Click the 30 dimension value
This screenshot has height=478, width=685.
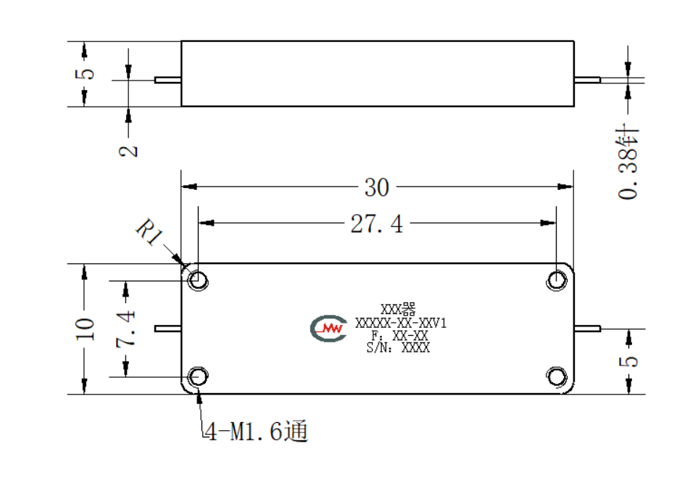pyautogui.click(x=377, y=188)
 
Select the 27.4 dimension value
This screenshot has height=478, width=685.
pyautogui.click(x=377, y=224)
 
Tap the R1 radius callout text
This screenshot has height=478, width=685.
pyautogui.click(x=149, y=232)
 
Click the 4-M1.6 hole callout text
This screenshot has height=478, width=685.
pyautogui.click(x=257, y=431)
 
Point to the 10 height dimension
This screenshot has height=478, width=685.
pyautogui.click(x=85, y=329)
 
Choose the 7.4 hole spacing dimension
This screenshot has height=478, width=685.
pyautogui.click(x=126, y=329)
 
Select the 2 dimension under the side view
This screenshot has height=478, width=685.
pyautogui.click(x=128, y=151)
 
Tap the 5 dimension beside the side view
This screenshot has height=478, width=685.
pyautogui.click(x=85, y=73)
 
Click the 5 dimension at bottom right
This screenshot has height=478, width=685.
pyautogui.click(x=628, y=361)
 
